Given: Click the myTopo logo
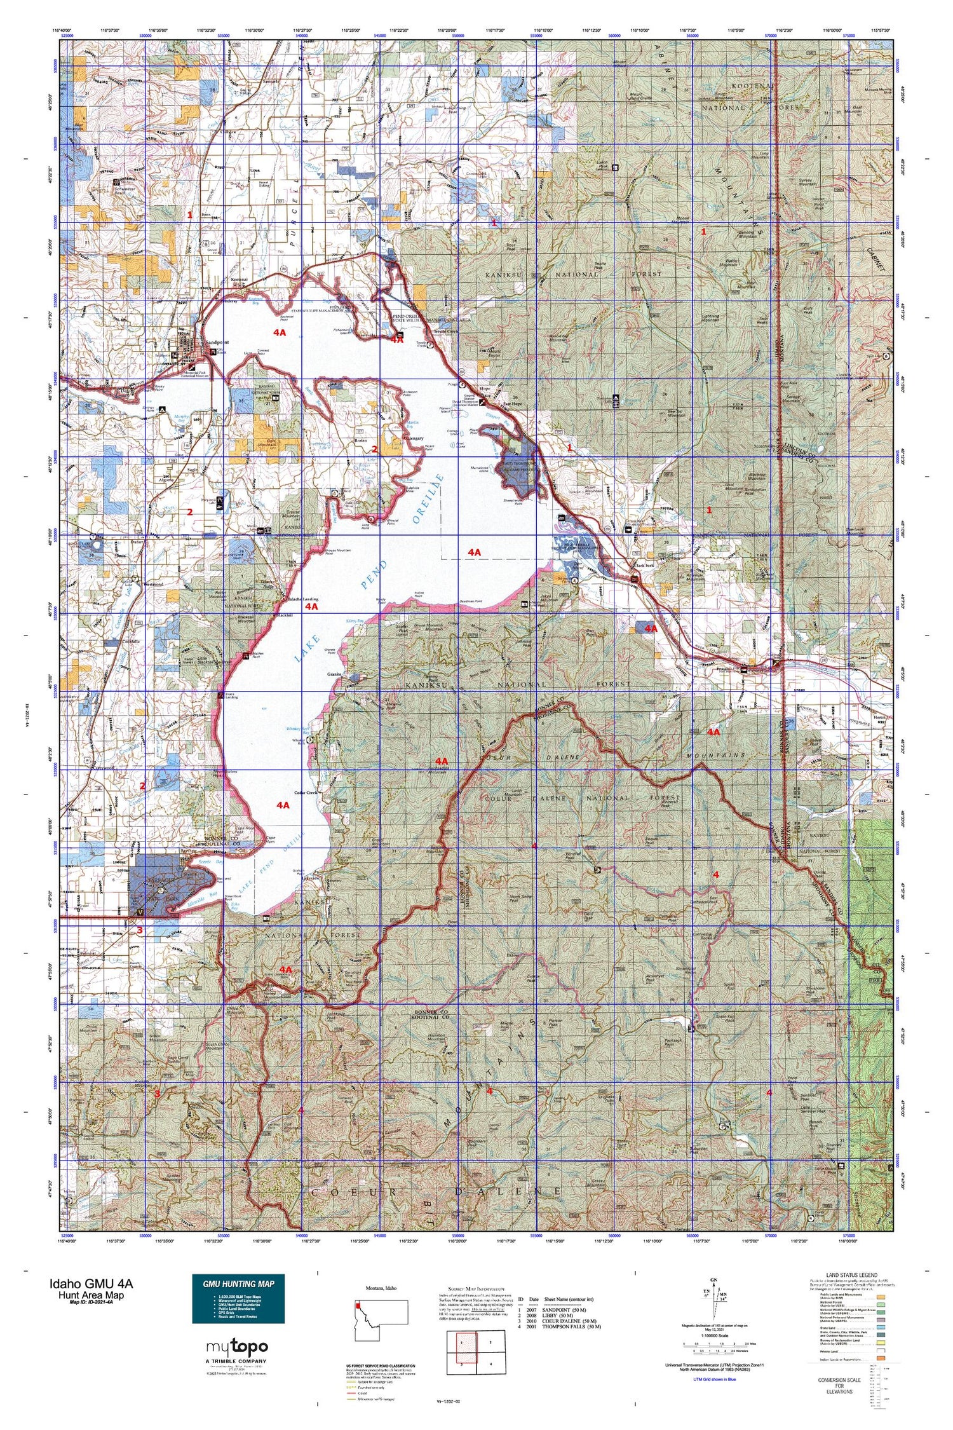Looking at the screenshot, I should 237,1346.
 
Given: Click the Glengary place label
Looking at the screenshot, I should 413,439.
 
